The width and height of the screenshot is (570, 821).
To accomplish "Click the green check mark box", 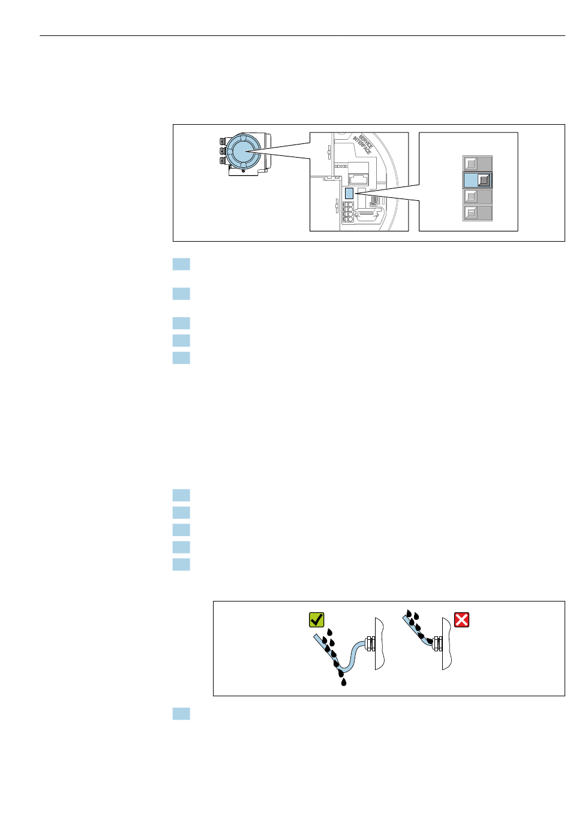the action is pyautogui.click(x=316, y=619).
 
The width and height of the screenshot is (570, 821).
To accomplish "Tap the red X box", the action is pyautogui.click(x=461, y=619).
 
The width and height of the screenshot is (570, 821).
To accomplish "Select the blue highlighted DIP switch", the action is pyautogui.click(x=478, y=179).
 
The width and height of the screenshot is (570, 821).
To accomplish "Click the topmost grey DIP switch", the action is pyautogui.click(x=478, y=163).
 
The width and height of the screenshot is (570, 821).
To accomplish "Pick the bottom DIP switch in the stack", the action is pyautogui.click(x=478, y=212).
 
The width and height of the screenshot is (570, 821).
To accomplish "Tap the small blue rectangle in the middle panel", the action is pyautogui.click(x=349, y=193).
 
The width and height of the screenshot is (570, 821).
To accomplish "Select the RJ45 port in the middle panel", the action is pyautogui.click(x=358, y=178).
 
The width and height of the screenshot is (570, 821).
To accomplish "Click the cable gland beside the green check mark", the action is pyautogui.click(x=370, y=645).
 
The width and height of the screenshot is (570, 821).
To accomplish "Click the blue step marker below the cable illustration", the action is pyautogui.click(x=181, y=714).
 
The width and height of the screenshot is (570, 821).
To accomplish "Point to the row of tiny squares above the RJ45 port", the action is pyautogui.click(x=341, y=166).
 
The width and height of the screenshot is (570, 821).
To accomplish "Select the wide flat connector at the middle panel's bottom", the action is pyautogui.click(x=366, y=215).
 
